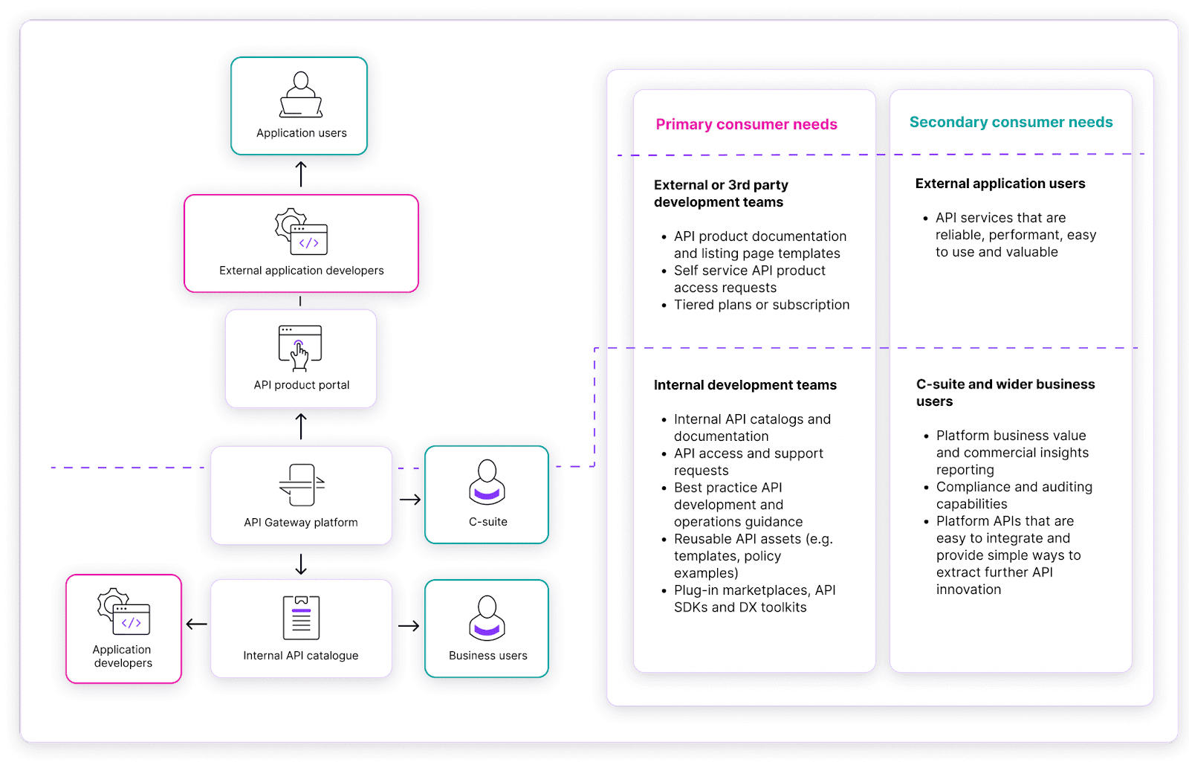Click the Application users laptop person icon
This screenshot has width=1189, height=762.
[301, 94]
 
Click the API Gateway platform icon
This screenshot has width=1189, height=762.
[301, 485]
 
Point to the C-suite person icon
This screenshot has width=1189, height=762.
[487, 482]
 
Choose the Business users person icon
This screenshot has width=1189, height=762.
[487, 618]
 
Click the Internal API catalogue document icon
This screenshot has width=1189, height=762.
[301, 618]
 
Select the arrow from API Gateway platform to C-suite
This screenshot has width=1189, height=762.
[409, 500]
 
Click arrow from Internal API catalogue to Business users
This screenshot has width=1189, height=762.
[409, 626]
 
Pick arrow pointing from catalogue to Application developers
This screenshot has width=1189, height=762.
[196, 624]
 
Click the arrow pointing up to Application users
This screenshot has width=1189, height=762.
[301, 174]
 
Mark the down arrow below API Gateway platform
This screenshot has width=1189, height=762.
[301, 564]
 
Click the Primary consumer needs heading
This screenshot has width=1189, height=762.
[746, 124]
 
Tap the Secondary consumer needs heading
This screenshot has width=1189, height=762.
[1011, 122]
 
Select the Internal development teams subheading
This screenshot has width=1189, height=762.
[745, 385]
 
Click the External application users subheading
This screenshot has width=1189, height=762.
[1000, 184]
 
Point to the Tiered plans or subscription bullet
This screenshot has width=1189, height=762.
[761, 305]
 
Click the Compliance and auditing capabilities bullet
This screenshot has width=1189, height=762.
[1014, 495]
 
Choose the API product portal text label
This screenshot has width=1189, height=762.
[301, 385]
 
